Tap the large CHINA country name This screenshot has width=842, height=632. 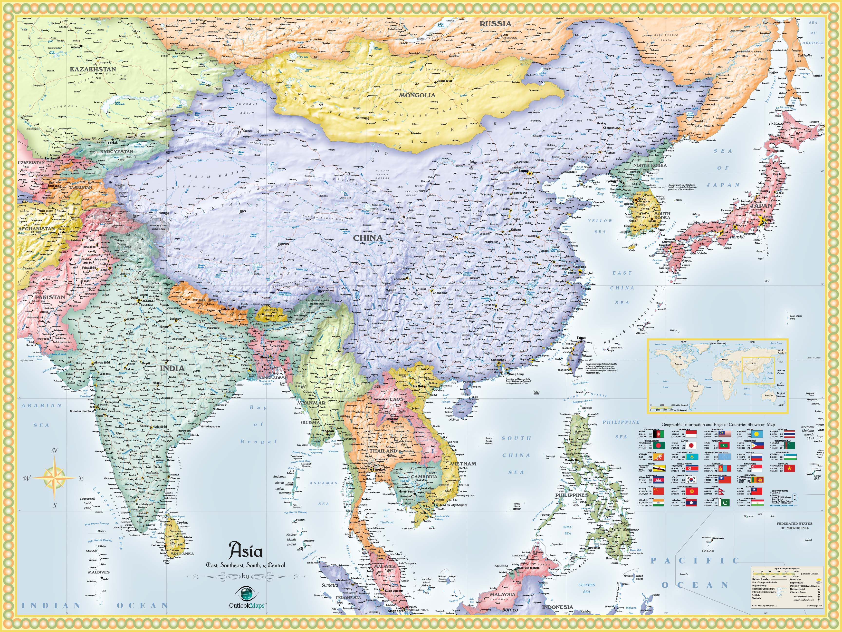tap(368, 238)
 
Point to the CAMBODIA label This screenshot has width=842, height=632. tap(424, 477)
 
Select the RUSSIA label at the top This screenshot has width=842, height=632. tap(495, 24)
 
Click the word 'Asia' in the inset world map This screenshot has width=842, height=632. tap(754, 363)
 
